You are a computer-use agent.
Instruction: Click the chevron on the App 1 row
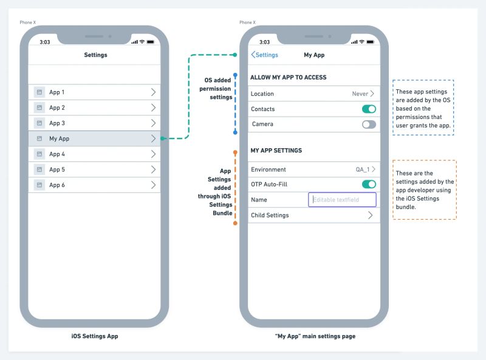[152, 92]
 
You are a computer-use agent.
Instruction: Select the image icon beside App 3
[39, 123]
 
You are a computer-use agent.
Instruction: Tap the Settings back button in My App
[265, 55]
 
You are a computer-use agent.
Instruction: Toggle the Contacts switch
[369, 109]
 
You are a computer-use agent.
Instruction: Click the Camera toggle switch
[369, 124]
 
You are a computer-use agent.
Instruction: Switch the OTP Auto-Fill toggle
[369, 185]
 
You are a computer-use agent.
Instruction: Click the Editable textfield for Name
[342, 200]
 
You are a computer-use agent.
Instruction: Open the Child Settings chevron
[370, 216]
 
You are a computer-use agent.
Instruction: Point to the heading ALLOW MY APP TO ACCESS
[289, 78]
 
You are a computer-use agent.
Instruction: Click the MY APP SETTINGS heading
[276, 151]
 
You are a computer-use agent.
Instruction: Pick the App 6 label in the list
[57, 185]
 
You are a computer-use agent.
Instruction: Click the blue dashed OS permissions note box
[423, 107]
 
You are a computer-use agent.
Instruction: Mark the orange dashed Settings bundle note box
[425, 189]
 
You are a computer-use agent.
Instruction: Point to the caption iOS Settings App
[95, 336]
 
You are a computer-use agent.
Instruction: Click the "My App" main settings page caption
[315, 336]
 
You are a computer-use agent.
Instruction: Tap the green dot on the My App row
[163, 139]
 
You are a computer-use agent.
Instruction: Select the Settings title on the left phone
[95, 55]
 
